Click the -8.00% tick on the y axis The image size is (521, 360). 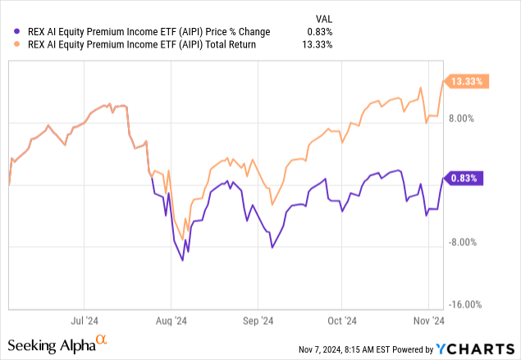pyautogui.click(x=461, y=242)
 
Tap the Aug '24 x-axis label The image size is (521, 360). pyautogui.click(x=170, y=321)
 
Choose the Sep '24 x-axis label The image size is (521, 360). pyautogui.click(x=257, y=321)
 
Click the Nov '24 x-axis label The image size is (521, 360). pyautogui.click(x=427, y=321)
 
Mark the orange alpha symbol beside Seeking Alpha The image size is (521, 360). pyautogui.click(x=102, y=338)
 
